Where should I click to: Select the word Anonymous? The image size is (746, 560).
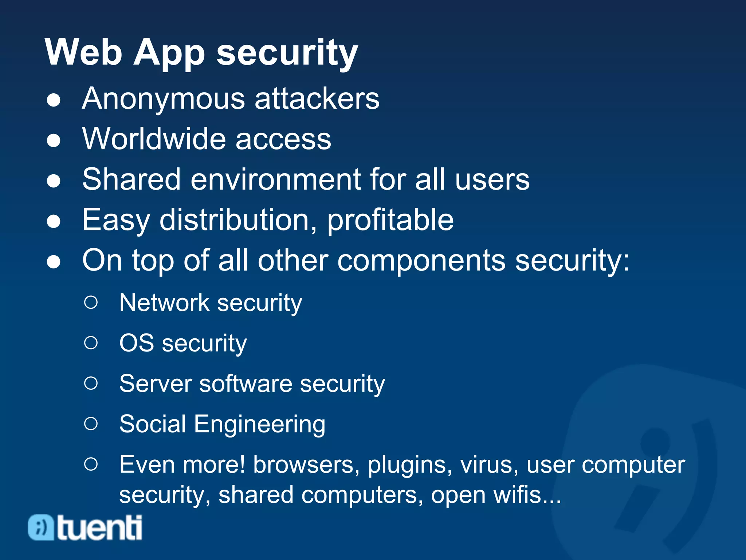click(x=164, y=99)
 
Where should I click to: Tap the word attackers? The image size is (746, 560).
click(x=317, y=99)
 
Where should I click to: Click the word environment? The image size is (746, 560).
click(x=276, y=179)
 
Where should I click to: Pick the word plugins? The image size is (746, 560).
click(x=410, y=465)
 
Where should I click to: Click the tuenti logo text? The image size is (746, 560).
click(x=99, y=528)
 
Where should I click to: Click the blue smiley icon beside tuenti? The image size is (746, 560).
click(x=41, y=527)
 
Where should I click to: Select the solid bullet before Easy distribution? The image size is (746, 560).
click(x=54, y=221)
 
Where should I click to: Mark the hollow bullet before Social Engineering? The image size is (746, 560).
click(x=91, y=424)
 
